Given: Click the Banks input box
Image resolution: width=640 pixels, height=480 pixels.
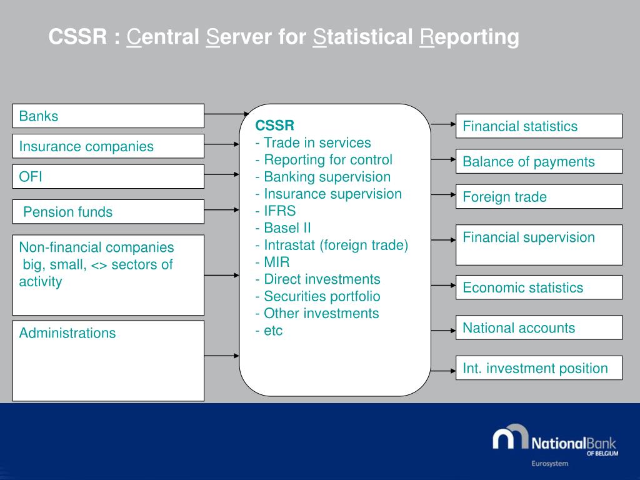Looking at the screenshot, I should point(108,116).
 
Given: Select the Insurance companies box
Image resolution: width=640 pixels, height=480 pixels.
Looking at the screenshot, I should point(108,146).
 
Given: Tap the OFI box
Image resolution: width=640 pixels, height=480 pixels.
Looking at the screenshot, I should point(108,176).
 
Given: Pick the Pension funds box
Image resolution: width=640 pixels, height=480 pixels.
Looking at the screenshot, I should point(108,211).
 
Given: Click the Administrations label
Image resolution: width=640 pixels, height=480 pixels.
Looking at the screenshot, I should point(67,332).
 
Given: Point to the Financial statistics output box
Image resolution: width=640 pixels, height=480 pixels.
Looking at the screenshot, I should point(539,126).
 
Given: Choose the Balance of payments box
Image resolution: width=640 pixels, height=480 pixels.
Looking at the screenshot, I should point(539,161).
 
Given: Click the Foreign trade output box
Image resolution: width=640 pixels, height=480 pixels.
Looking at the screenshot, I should point(539,197).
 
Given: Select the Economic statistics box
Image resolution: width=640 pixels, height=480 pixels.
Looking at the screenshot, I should point(539,287).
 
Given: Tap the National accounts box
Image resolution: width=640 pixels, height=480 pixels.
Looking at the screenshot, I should point(539,327).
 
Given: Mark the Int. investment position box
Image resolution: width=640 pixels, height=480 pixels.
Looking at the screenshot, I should point(539,368).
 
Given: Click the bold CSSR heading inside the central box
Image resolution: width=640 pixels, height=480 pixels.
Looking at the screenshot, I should point(274,125).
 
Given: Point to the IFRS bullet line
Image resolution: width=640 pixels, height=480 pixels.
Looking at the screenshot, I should point(276,211).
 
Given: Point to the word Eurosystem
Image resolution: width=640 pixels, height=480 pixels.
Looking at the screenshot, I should point(549,464).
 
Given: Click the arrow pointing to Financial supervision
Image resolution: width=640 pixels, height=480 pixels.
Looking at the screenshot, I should point(443,239).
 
